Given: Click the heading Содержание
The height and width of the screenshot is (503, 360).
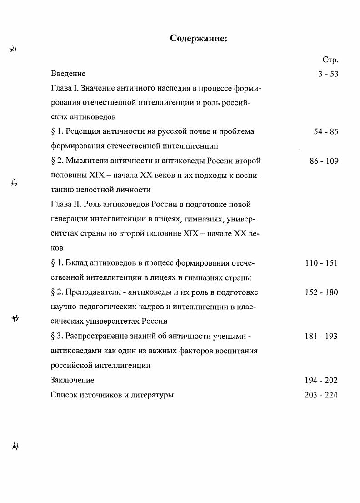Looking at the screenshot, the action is pyautogui.click(x=198, y=38).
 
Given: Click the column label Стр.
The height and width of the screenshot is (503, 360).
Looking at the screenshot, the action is pyautogui.click(x=330, y=60).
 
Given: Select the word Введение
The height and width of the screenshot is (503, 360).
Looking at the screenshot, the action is pyautogui.click(x=68, y=73).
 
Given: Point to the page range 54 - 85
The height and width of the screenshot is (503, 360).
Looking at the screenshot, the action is pyautogui.click(x=326, y=132).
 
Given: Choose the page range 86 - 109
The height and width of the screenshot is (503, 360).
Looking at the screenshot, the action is pyautogui.click(x=324, y=161).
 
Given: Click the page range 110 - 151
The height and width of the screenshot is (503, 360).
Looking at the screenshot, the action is pyautogui.click(x=321, y=263).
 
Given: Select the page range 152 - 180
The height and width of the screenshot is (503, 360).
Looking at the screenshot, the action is pyautogui.click(x=321, y=292).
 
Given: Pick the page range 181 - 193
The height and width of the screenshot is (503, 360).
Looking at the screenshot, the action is pyautogui.click(x=321, y=337).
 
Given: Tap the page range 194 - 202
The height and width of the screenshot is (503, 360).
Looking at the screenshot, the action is pyautogui.click(x=321, y=380).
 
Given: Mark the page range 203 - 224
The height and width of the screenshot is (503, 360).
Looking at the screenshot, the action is pyautogui.click(x=321, y=395).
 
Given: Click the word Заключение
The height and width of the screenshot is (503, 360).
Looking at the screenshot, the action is pyautogui.click(x=73, y=380).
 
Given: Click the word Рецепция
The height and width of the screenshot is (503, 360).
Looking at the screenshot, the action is pyautogui.click(x=84, y=132).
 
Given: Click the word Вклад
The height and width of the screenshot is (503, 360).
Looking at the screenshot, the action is pyautogui.click(x=77, y=263).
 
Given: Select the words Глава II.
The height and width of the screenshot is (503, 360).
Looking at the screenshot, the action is pyautogui.click(x=63, y=205).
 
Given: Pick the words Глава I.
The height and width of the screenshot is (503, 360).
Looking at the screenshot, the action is pyautogui.click(x=62, y=88).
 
